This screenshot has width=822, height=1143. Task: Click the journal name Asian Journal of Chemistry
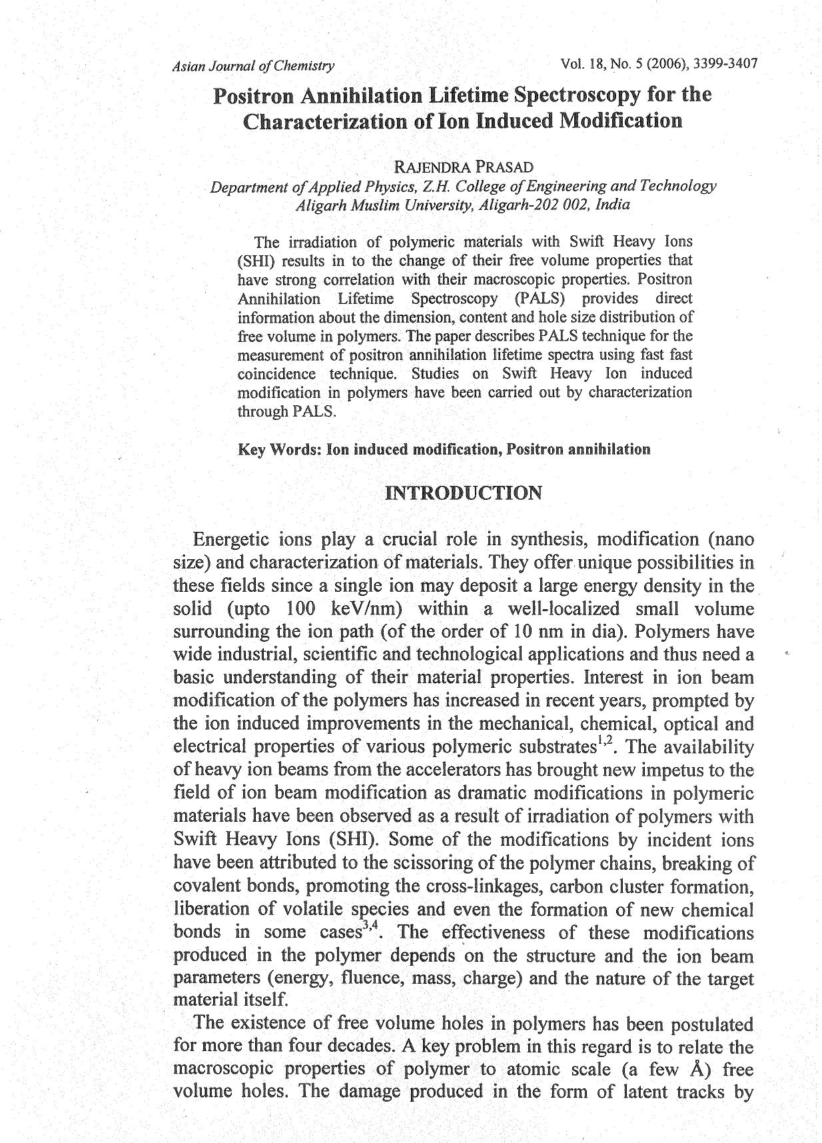[253, 66]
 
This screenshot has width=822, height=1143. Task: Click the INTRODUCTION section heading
[464, 494]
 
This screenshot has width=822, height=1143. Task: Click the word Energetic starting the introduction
[230, 539]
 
